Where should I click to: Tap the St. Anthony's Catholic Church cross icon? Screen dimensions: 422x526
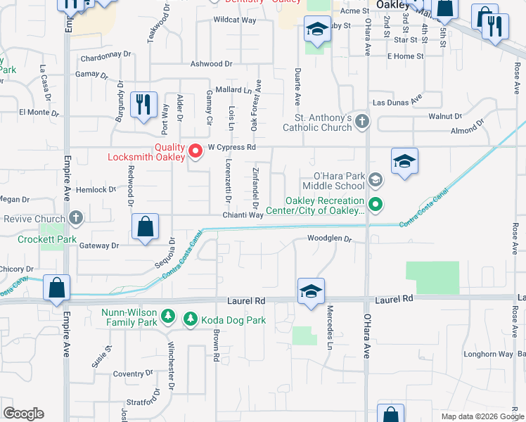coord(362,122)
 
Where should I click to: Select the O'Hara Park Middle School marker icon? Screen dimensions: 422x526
coord(376,180)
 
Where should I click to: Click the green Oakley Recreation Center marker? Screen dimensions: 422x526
coord(376,205)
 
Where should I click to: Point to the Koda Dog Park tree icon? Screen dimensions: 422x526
coord(190,320)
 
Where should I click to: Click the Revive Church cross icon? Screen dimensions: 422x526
coord(76,219)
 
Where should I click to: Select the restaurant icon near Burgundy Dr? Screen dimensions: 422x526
coord(144,104)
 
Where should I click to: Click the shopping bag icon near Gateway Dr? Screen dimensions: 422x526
coord(144,227)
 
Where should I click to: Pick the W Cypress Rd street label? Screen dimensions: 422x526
coord(231,148)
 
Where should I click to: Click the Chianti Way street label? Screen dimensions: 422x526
coord(243,215)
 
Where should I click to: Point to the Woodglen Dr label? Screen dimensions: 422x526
coord(328,238)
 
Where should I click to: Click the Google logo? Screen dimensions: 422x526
coord(23,414)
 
